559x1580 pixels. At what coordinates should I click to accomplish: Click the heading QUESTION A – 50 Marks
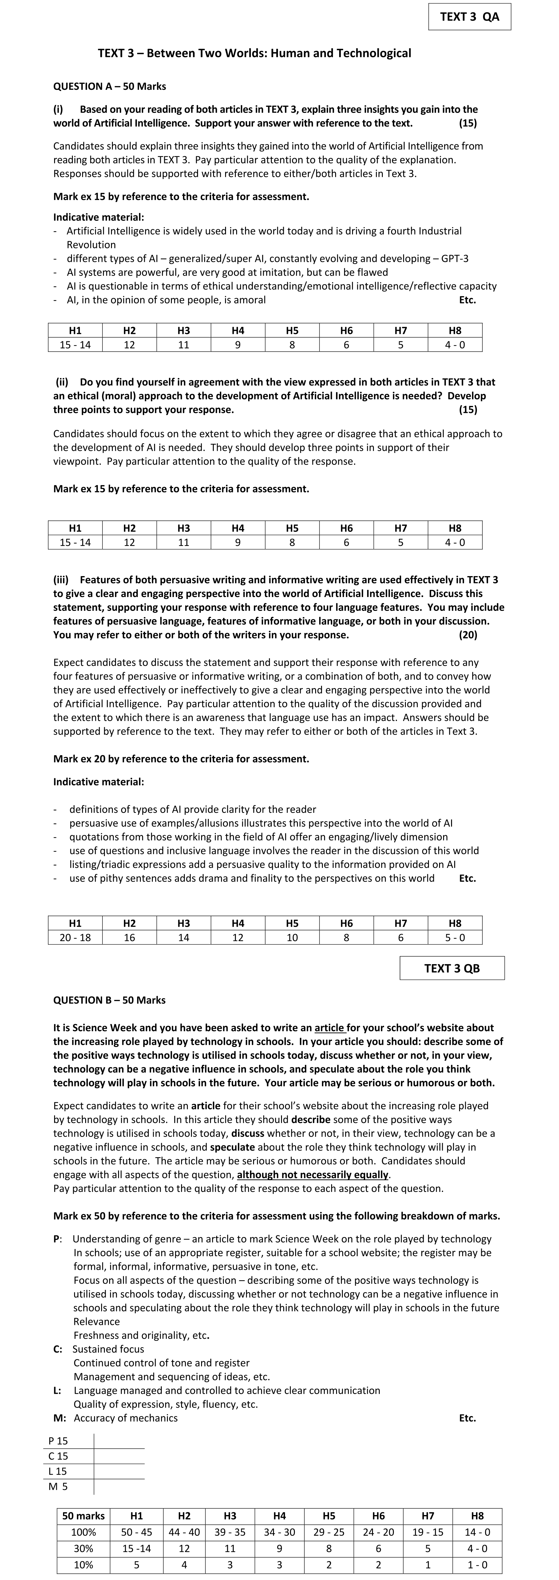tap(110, 86)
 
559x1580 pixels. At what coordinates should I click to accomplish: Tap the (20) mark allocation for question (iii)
tap(468, 635)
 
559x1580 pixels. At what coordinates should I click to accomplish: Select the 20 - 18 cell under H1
tap(75, 937)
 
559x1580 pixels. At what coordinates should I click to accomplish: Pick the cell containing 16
tap(129, 937)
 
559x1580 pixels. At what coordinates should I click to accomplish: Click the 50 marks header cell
tap(83, 1516)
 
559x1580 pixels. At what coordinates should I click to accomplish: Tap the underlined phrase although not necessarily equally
tap(313, 1175)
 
